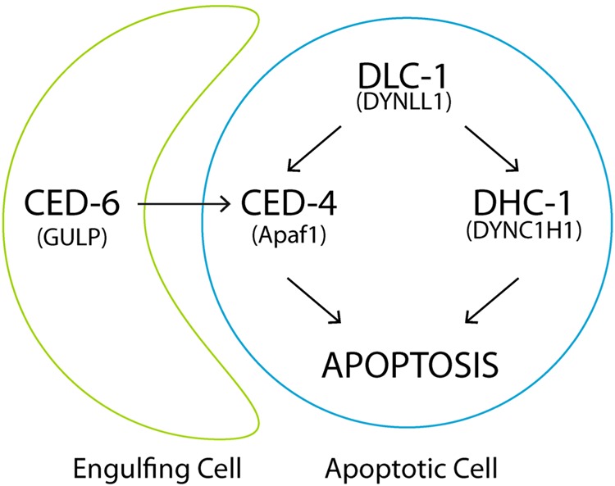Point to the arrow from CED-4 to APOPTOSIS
(x=314, y=300)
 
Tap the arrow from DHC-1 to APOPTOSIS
(x=493, y=300)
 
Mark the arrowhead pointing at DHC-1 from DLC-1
(x=515, y=169)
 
